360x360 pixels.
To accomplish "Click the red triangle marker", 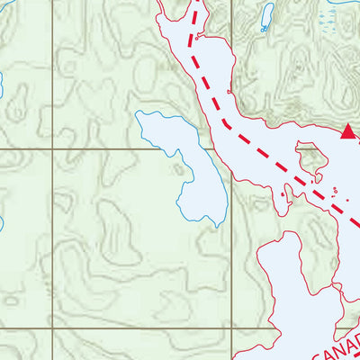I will point(347,132).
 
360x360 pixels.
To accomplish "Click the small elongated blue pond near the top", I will point(266,17).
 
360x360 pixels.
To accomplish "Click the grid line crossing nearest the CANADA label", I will point(232,329).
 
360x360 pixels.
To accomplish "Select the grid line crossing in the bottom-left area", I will point(52,329).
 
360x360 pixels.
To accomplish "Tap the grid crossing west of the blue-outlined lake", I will point(52,149).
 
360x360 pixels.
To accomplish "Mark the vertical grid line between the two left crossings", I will point(52,239).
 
